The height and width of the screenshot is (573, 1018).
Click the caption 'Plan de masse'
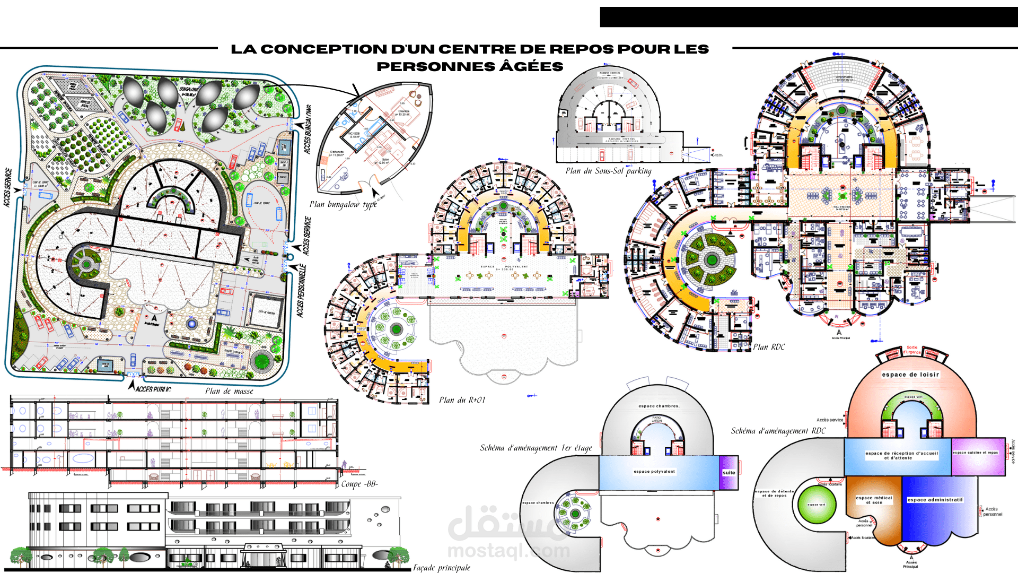pyautogui.click(x=229, y=392)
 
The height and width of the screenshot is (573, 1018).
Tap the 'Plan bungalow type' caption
pyautogui.click(x=343, y=204)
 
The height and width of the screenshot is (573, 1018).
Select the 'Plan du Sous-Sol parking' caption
pyautogui.click(x=608, y=171)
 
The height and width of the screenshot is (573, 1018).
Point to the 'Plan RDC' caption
pyautogui.click(x=769, y=347)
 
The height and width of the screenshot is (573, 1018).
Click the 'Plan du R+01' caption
pyautogui.click(x=462, y=400)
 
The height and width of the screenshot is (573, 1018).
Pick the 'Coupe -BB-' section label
pyautogui.click(x=359, y=484)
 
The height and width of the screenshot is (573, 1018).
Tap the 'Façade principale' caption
pyautogui.click(x=442, y=568)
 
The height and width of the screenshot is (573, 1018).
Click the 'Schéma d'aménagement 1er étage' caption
pyautogui.click(x=536, y=448)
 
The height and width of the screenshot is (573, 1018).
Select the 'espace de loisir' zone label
pyautogui.click(x=910, y=375)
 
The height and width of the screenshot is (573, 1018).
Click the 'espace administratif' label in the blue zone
pyautogui.click(x=935, y=500)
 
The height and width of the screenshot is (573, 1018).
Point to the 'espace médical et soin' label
pyautogui.click(x=874, y=500)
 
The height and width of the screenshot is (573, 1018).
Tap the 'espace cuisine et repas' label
pyautogui.click(x=976, y=453)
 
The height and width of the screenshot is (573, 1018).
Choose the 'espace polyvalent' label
pyautogui.click(x=654, y=471)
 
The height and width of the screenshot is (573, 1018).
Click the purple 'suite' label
pyautogui.click(x=729, y=473)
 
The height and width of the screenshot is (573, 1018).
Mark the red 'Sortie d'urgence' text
pyautogui.click(x=912, y=350)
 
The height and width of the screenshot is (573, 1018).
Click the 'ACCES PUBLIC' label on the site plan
pyautogui.click(x=153, y=389)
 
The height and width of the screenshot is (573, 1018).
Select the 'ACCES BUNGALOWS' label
pyautogui.click(x=308, y=129)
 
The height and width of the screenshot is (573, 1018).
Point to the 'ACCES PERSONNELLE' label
pyautogui.click(x=301, y=291)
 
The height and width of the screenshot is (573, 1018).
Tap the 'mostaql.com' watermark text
pyautogui.click(x=508, y=551)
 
